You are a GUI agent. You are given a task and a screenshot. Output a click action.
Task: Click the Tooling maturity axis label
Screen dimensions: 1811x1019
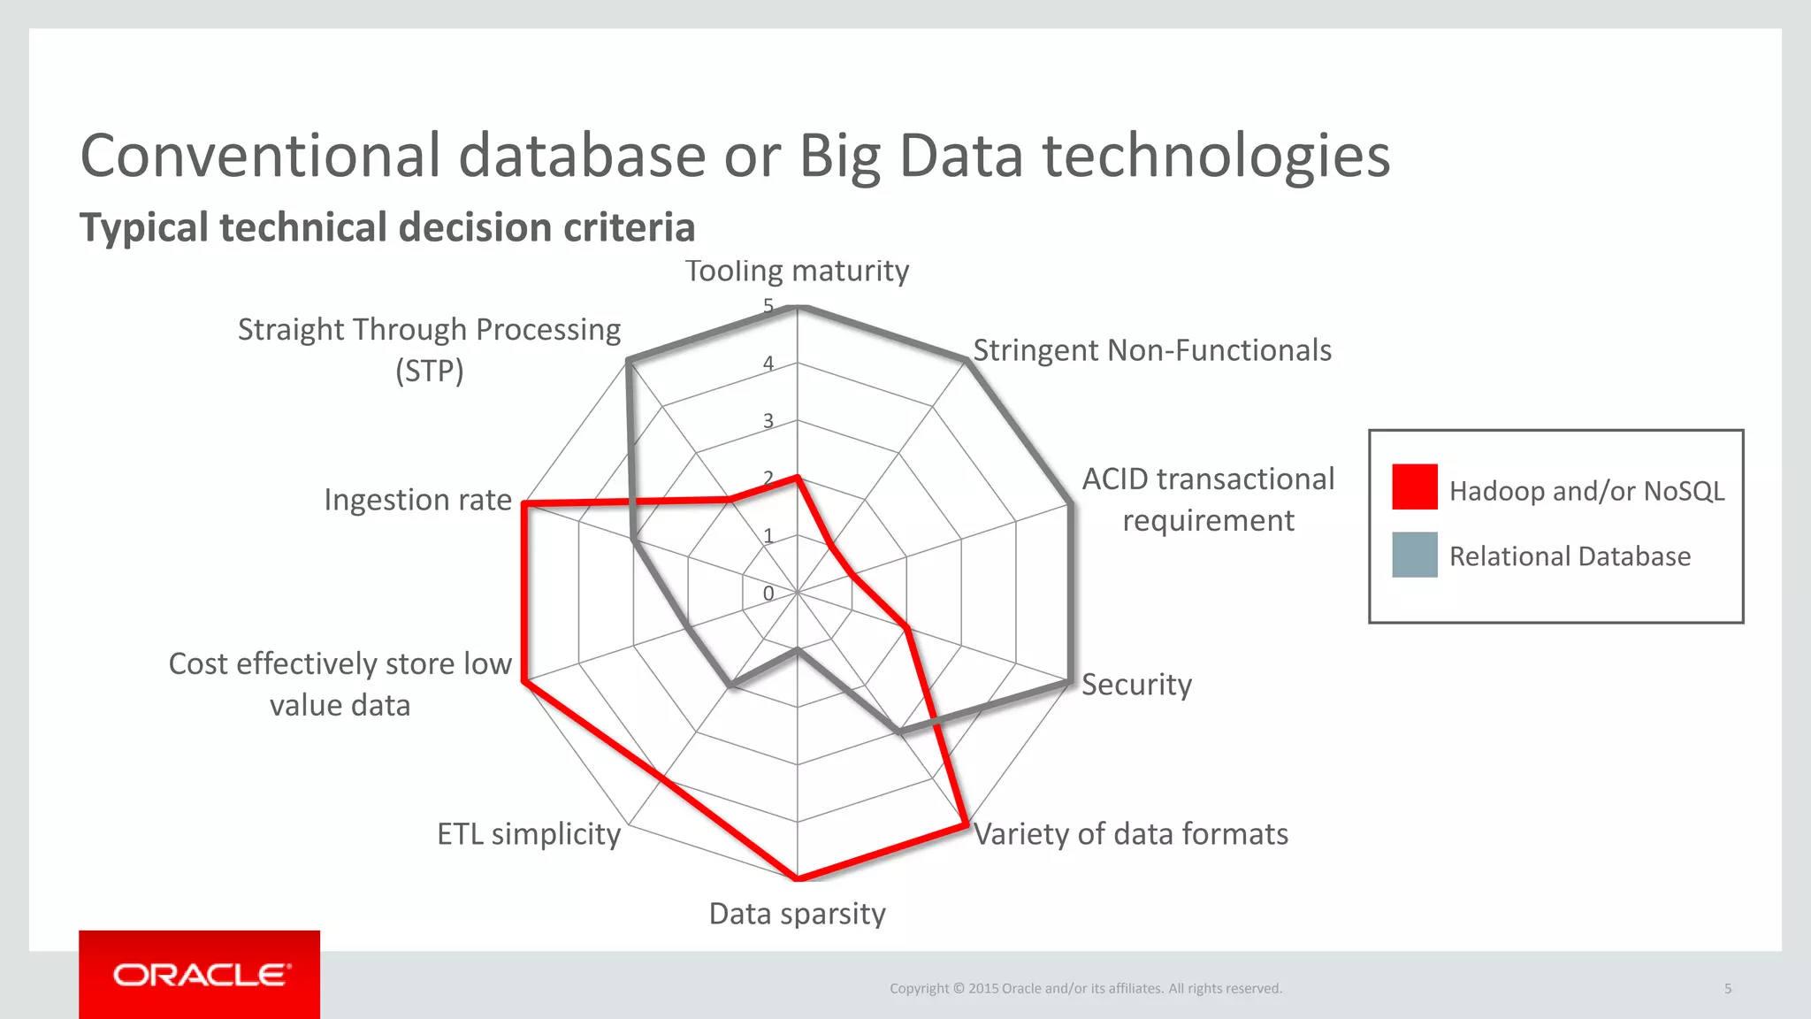(797, 271)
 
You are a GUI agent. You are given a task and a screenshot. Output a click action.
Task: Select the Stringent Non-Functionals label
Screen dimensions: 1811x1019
(1151, 350)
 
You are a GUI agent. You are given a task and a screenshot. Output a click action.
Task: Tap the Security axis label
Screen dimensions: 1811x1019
(1136, 685)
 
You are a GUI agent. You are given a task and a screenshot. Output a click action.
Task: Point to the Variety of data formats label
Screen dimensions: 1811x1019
(1130, 834)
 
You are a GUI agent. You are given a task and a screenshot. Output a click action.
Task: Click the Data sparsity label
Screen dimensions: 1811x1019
(797, 914)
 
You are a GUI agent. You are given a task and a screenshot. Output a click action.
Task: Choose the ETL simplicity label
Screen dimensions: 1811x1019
(529, 834)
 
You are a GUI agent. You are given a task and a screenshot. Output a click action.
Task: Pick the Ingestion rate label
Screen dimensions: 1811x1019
(417, 500)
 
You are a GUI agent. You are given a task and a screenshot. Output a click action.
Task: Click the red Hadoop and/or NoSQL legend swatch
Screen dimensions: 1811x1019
(1414, 487)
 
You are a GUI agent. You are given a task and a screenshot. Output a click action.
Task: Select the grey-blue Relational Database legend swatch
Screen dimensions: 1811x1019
(1414, 555)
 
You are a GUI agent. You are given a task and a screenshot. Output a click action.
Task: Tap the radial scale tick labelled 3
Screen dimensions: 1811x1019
(768, 421)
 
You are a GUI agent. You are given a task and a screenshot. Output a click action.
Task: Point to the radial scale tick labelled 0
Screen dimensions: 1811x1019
(768, 594)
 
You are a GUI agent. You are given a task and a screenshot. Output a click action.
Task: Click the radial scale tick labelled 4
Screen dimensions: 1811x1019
(768, 364)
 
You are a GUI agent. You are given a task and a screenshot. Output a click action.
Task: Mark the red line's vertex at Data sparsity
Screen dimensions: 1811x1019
(797, 879)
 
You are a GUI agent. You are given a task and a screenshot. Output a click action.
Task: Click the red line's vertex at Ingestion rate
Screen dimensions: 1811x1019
(524, 504)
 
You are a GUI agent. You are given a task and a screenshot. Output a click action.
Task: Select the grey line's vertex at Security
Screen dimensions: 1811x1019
(1070, 681)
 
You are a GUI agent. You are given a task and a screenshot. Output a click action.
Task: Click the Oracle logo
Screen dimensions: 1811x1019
(200, 975)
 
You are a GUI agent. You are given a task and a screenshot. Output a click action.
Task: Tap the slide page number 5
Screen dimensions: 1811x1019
(1728, 988)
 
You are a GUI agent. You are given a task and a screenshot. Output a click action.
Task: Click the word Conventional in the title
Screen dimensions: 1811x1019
(260, 156)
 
